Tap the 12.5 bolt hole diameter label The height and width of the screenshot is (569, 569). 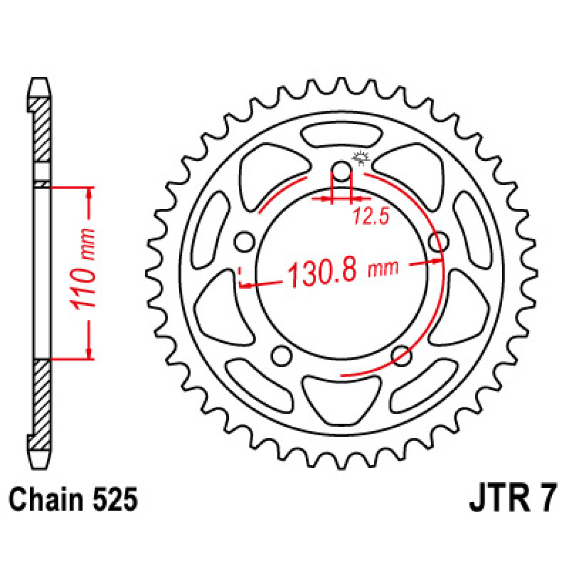pos(371,216)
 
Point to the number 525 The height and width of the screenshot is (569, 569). pos(115,500)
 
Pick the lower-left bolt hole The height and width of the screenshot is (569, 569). pos(282,356)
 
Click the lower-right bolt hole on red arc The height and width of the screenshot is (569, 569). pos(401,356)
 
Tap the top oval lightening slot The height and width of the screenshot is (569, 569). pos(342,134)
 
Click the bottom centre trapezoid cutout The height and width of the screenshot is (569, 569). pos(342,397)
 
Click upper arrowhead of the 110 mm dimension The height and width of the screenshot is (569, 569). pos(89,192)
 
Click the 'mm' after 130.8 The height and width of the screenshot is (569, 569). pos(383,269)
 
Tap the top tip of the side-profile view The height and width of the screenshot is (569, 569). pos(39,80)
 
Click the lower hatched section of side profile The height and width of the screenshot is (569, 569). pos(42,397)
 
